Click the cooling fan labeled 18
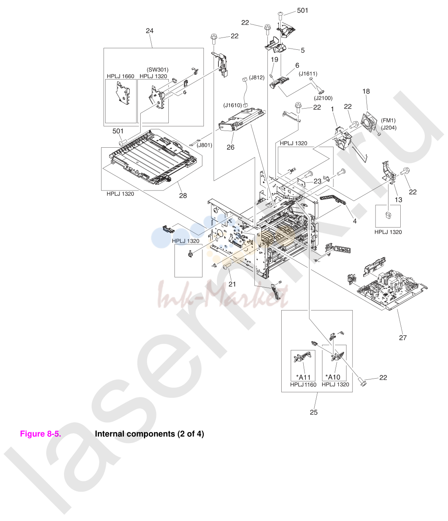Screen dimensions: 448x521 [370, 122]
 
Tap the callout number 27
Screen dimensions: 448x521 [403, 337]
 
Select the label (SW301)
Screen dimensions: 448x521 [157, 70]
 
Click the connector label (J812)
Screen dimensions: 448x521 [257, 78]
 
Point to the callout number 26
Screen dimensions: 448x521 [230, 147]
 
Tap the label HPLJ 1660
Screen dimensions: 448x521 [120, 76]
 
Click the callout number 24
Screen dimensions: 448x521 [150, 31]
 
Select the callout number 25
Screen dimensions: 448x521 [313, 412]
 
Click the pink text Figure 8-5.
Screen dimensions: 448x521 [40, 434]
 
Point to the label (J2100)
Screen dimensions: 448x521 [323, 98]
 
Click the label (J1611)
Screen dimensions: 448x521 [308, 73]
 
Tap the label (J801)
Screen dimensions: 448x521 [204, 145]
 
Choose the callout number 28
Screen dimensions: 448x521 [183, 195]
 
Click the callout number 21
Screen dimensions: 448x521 [232, 284]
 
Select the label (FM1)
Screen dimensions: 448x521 [388, 120]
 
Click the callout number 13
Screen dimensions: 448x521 [398, 200]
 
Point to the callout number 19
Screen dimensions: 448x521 [274, 60]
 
